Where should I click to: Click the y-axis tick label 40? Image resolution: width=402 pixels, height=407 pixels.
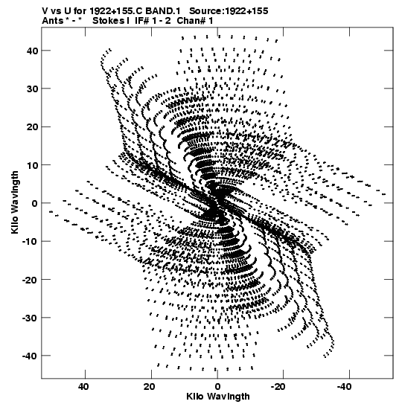pyautogui.click(x=32, y=51)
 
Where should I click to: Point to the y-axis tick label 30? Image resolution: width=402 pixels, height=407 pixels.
pyautogui.click(x=32, y=89)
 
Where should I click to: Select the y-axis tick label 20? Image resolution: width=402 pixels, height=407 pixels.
pyautogui.click(x=32, y=127)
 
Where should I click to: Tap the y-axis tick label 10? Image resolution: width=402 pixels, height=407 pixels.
pyautogui.click(x=32, y=165)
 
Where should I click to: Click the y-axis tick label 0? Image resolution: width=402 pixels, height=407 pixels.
pyautogui.click(x=35, y=203)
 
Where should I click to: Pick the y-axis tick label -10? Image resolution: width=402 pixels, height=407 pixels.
pyautogui.click(x=30, y=241)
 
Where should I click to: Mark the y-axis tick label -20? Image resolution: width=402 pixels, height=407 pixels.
pyautogui.click(x=30, y=280)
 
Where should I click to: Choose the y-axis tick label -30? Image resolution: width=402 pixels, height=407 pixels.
pyautogui.click(x=30, y=318)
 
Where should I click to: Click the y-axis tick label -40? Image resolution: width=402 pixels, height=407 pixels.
pyautogui.click(x=30, y=356)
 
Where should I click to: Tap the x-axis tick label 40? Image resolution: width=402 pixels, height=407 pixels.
pyautogui.click(x=83, y=387)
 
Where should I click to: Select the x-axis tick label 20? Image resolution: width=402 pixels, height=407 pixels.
pyautogui.click(x=150, y=387)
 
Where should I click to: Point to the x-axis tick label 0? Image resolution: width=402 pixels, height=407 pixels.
pyautogui.click(x=217, y=387)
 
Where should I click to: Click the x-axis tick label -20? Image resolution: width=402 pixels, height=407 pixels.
pyautogui.click(x=281, y=387)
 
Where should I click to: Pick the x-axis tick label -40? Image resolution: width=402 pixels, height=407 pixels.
pyautogui.click(x=347, y=387)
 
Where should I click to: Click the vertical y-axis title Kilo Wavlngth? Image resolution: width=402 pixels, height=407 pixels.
pyautogui.click(x=15, y=202)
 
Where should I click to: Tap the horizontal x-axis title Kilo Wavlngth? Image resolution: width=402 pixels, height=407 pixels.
pyautogui.click(x=218, y=397)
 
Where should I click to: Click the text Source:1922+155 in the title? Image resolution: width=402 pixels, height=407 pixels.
pyautogui.click(x=229, y=11)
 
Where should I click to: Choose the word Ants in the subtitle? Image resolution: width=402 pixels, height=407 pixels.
pyautogui.click(x=52, y=21)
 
